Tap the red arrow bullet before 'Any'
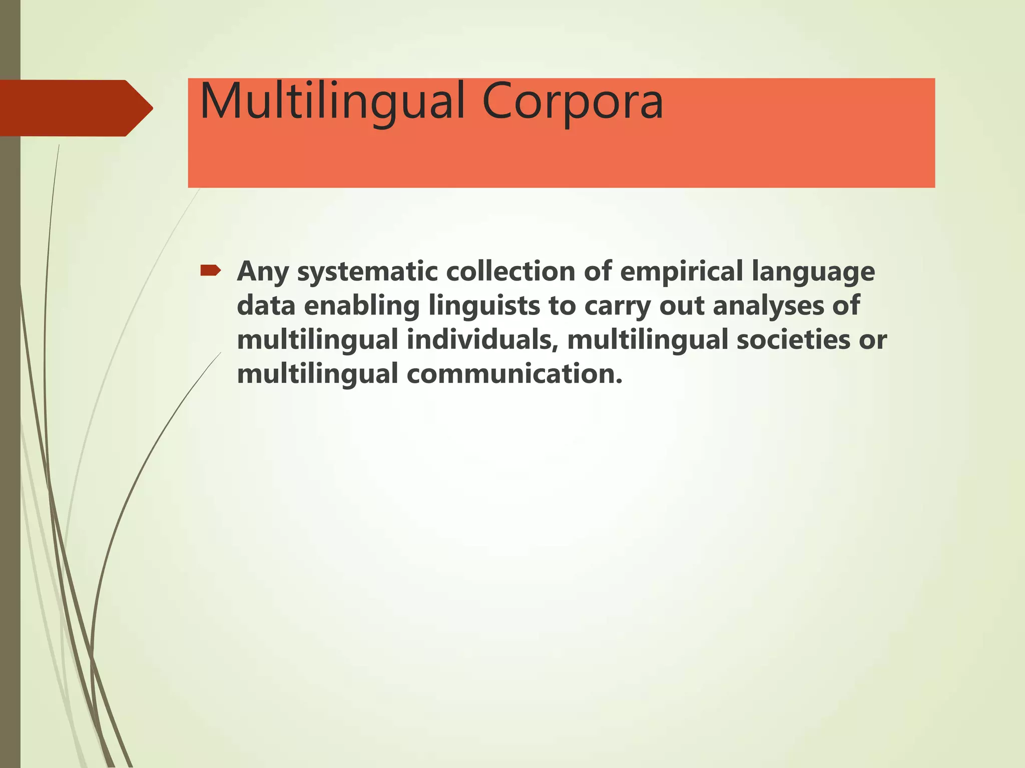point(210,271)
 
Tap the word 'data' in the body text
point(266,305)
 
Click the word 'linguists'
point(484,306)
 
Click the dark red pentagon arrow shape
point(75,108)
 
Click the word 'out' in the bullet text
point(682,306)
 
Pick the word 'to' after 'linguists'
point(562,306)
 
